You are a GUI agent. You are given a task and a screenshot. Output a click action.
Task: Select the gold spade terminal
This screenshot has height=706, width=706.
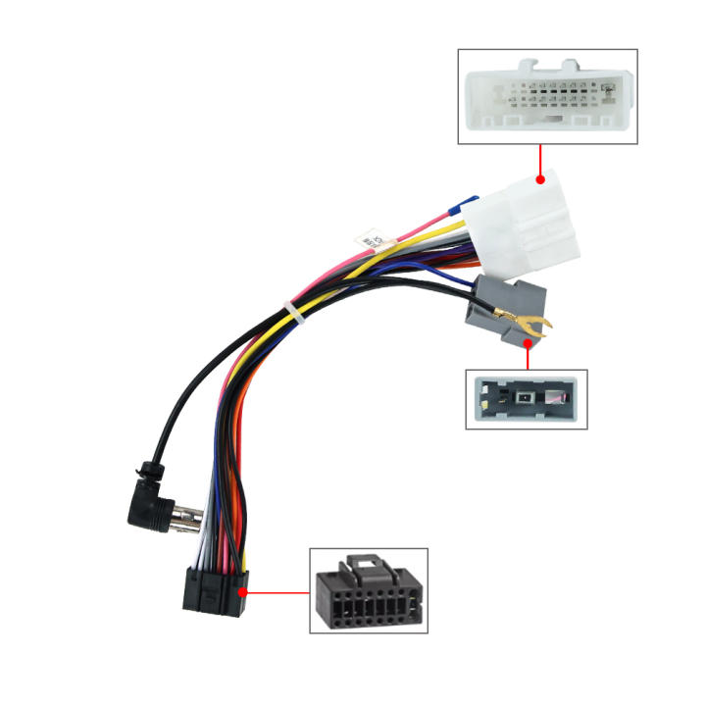coord(526,321)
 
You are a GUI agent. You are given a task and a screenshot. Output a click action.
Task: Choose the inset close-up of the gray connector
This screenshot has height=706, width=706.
coord(526,399)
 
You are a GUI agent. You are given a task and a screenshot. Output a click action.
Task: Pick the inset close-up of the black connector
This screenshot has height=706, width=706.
coord(369,590)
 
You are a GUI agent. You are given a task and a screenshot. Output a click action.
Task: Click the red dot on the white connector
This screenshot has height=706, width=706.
coord(540,180)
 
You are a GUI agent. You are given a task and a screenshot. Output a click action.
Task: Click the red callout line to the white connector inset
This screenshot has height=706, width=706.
coord(540,162)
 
